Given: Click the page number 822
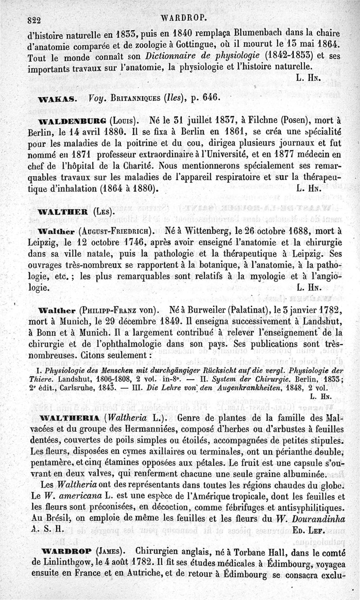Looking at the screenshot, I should pos(34,20).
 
